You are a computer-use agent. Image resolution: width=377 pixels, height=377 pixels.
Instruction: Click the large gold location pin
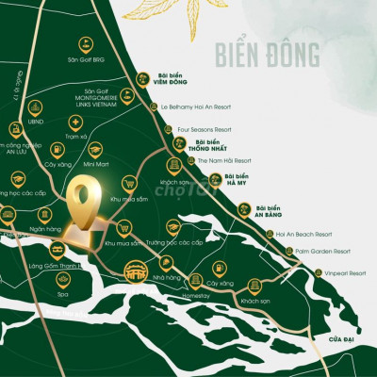tap(85, 200)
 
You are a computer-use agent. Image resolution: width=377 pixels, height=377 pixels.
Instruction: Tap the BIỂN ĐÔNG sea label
tap(267, 49)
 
